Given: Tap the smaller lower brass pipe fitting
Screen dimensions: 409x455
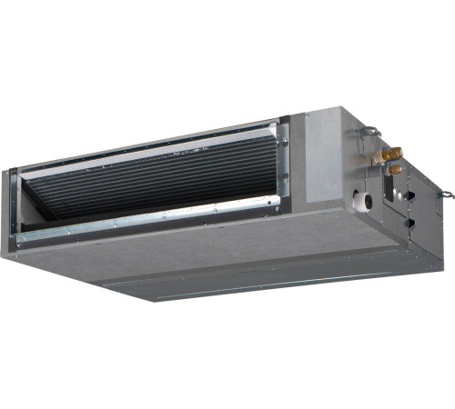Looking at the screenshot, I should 395,169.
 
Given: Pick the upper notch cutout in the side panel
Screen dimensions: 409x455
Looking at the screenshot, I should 410,194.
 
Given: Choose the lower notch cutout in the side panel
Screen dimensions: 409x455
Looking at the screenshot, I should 409,223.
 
